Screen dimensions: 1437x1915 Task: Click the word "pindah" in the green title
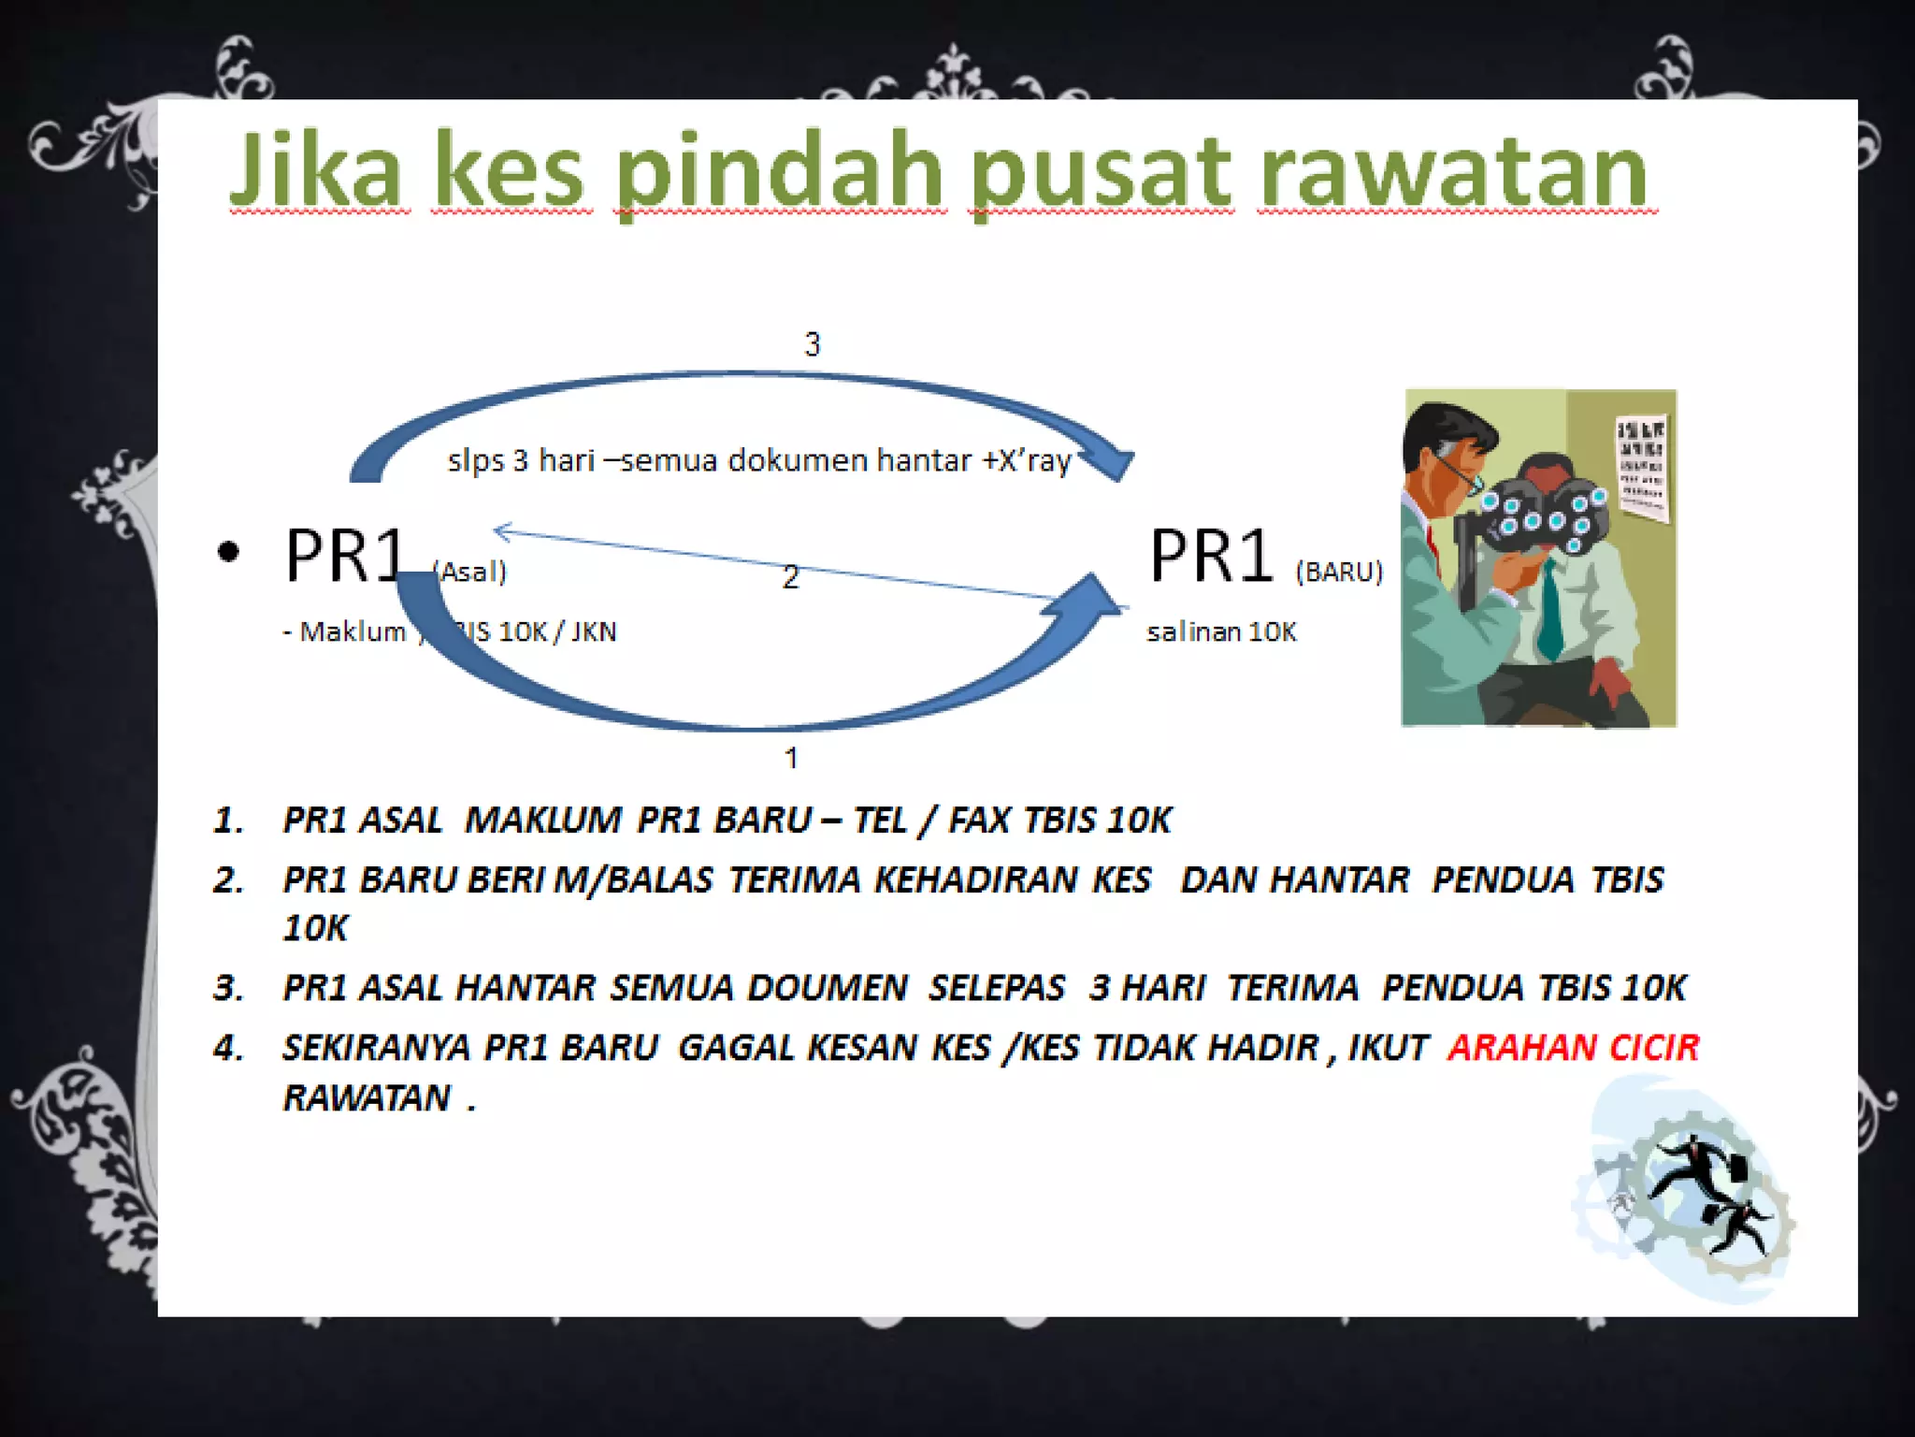779,173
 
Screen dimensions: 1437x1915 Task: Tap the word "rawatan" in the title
1453,173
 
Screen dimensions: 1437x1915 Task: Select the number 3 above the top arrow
812,344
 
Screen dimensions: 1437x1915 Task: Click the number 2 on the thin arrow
790,577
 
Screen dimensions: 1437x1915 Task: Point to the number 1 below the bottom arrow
791,758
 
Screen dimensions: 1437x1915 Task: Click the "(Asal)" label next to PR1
470,572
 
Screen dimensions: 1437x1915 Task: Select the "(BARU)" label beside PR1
1338,572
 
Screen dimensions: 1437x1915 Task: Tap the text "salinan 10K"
1221,632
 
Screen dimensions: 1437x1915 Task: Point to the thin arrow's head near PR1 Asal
502,531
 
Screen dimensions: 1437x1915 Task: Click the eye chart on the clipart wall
1642,468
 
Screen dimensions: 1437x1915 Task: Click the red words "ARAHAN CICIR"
1573,1048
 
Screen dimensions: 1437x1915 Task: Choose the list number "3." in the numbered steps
228,988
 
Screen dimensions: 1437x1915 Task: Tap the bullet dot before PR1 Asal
228,552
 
